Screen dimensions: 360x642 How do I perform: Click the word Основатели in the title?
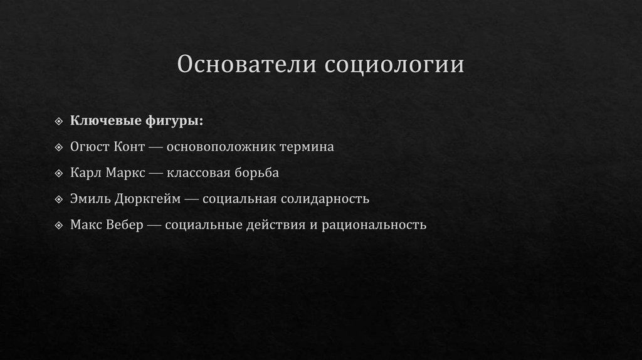click(x=246, y=65)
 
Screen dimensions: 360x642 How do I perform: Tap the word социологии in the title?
click(x=394, y=65)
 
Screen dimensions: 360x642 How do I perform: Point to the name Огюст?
click(x=89, y=147)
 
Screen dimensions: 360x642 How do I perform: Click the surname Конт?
click(x=129, y=147)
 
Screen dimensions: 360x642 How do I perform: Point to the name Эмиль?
click(x=90, y=199)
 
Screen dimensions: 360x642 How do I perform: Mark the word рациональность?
click(x=374, y=225)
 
